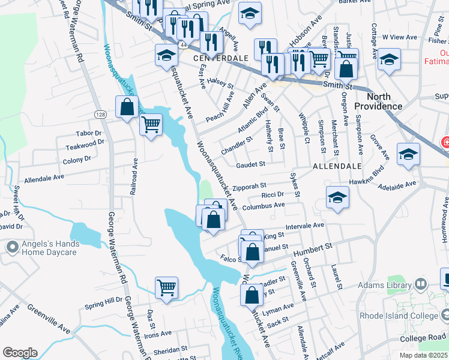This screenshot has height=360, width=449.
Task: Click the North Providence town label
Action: pyautogui.click(x=378, y=101)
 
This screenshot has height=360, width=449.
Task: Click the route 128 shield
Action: pyautogui.click(x=100, y=114)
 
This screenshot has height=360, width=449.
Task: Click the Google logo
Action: pyautogui.click(x=20, y=353)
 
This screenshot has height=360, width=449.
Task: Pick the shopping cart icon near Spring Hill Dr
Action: pyautogui.click(x=166, y=288)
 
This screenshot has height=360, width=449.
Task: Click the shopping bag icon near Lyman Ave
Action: pyautogui.click(x=252, y=295)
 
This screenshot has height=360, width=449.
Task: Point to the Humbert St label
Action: pyautogui.click(x=313, y=247)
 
